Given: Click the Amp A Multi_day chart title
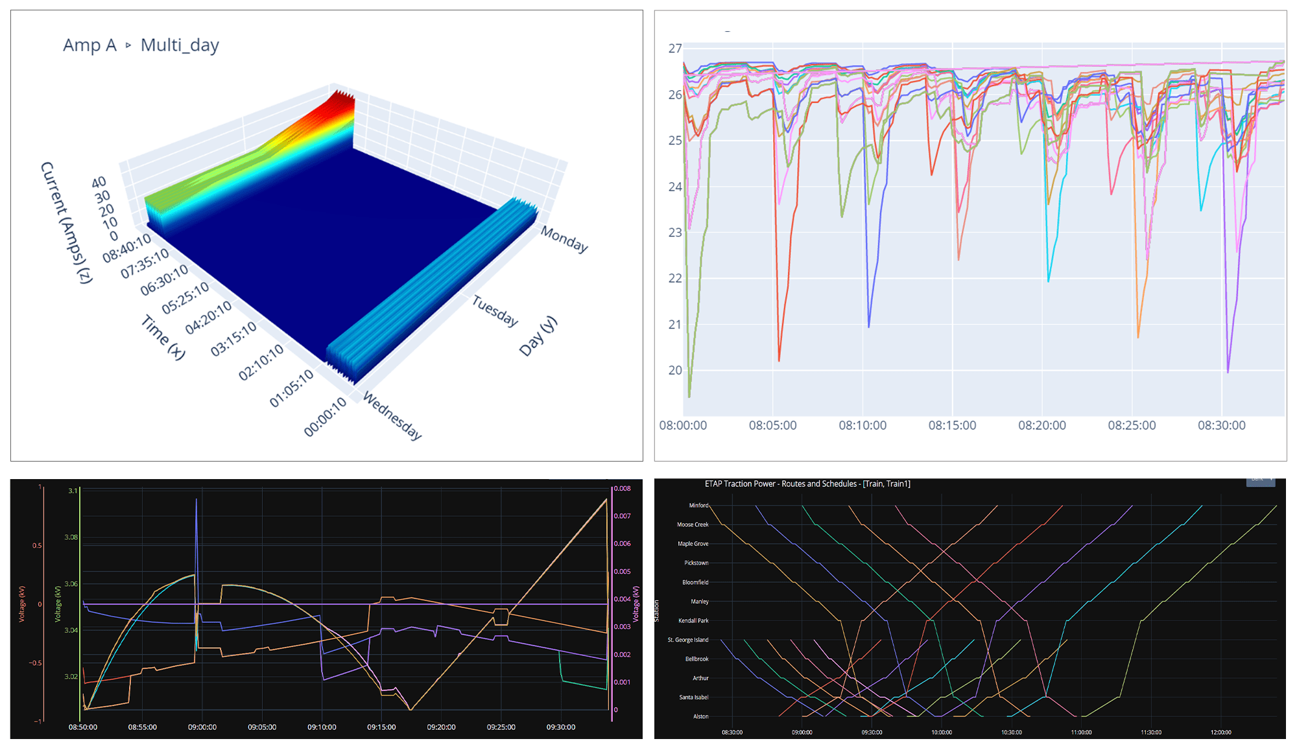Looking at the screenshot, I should click(x=141, y=45).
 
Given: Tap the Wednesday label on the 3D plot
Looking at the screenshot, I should click(x=392, y=416).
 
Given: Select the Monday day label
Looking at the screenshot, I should click(x=564, y=239).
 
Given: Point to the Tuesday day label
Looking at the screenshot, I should click(x=495, y=311).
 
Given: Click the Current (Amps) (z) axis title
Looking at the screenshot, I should click(x=66, y=222).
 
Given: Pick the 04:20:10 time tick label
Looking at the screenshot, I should click(x=208, y=318).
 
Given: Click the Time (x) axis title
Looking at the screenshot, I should click(x=163, y=337).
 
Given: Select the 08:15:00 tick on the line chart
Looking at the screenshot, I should click(x=952, y=426).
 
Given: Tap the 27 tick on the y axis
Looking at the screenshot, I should click(x=675, y=49).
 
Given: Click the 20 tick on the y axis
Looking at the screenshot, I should click(x=675, y=370).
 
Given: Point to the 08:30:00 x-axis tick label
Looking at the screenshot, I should click(x=1221, y=426).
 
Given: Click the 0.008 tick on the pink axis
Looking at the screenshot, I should click(x=623, y=489).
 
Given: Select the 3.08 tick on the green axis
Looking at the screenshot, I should click(x=71, y=537).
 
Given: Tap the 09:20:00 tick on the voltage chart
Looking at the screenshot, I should click(x=441, y=727).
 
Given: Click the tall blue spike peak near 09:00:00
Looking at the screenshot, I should click(x=196, y=500).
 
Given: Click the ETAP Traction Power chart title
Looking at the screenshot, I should click(x=807, y=484).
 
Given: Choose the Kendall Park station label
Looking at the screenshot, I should click(x=693, y=621).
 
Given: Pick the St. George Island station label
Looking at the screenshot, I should click(x=688, y=640).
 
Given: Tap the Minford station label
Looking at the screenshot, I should click(x=698, y=506).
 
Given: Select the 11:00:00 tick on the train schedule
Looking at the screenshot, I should click(x=1081, y=733).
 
